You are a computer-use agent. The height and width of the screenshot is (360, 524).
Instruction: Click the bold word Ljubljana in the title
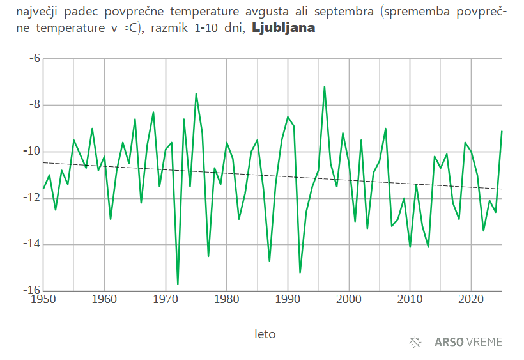coord(283,28)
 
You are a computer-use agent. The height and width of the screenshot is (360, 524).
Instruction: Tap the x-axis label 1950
coord(43,299)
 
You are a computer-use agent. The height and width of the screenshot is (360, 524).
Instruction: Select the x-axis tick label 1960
coord(104,299)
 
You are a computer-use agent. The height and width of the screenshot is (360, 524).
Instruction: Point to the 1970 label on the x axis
coord(166,299)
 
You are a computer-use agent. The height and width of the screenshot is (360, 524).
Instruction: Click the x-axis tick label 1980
coord(227,299)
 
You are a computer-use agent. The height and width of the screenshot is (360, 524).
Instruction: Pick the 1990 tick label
coord(288,299)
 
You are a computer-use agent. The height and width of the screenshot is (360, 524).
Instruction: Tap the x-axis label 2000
coord(349,299)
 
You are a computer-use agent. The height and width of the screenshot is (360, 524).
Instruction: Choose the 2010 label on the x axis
coord(410,299)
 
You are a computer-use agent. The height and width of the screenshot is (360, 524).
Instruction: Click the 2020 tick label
coord(471,299)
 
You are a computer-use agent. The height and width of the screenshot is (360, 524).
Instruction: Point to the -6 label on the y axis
coord(35,58)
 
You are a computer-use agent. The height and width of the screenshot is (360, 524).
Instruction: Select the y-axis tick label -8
coord(35,105)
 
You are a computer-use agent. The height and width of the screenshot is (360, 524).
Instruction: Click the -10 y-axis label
coord(32,152)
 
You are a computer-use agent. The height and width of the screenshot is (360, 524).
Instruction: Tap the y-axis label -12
coord(32,198)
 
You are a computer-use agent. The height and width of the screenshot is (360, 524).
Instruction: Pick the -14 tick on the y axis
coord(32,244)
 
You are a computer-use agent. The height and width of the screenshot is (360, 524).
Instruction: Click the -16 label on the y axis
coord(32,290)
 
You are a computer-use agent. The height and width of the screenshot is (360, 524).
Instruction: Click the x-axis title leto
coord(265,334)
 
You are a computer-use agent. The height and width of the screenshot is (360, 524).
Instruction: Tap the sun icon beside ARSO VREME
coord(415,341)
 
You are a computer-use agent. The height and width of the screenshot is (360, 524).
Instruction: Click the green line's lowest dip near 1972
coord(178,284)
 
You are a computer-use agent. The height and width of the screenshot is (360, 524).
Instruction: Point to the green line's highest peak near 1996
coord(325,86)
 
